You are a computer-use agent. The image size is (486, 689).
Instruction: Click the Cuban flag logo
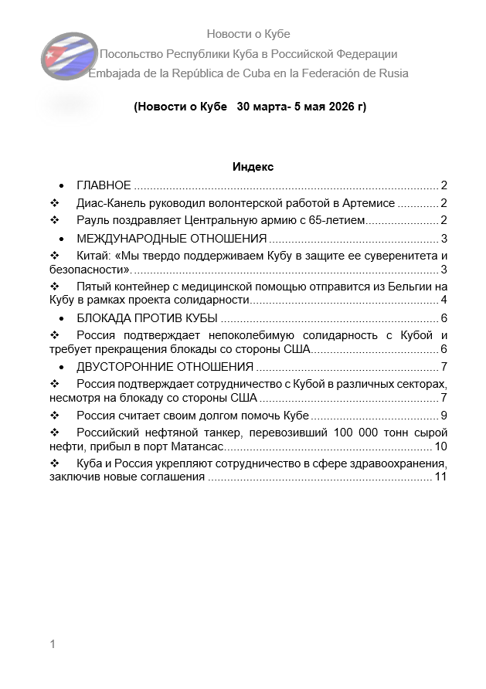[x=63, y=56]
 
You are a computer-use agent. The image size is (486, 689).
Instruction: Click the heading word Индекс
[x=253, y=167]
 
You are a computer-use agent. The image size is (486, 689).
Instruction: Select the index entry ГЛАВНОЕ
[x=104, y=185]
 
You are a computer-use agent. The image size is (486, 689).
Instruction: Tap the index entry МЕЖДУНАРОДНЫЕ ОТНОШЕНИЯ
[x=172, y=238]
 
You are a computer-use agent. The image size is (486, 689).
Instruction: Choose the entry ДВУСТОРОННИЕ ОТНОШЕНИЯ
[x=165, y=366]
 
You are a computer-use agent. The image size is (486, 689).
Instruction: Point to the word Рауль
[x=93, y=221]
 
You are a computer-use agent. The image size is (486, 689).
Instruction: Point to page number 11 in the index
[x=441, y=477]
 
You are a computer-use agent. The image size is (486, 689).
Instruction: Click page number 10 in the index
[x=441, y=447]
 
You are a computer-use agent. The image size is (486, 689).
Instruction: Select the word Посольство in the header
[x=133, y=54]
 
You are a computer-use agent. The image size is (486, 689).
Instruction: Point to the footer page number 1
[x=53, y=644]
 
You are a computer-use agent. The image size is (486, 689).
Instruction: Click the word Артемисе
[x=367, y=203]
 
